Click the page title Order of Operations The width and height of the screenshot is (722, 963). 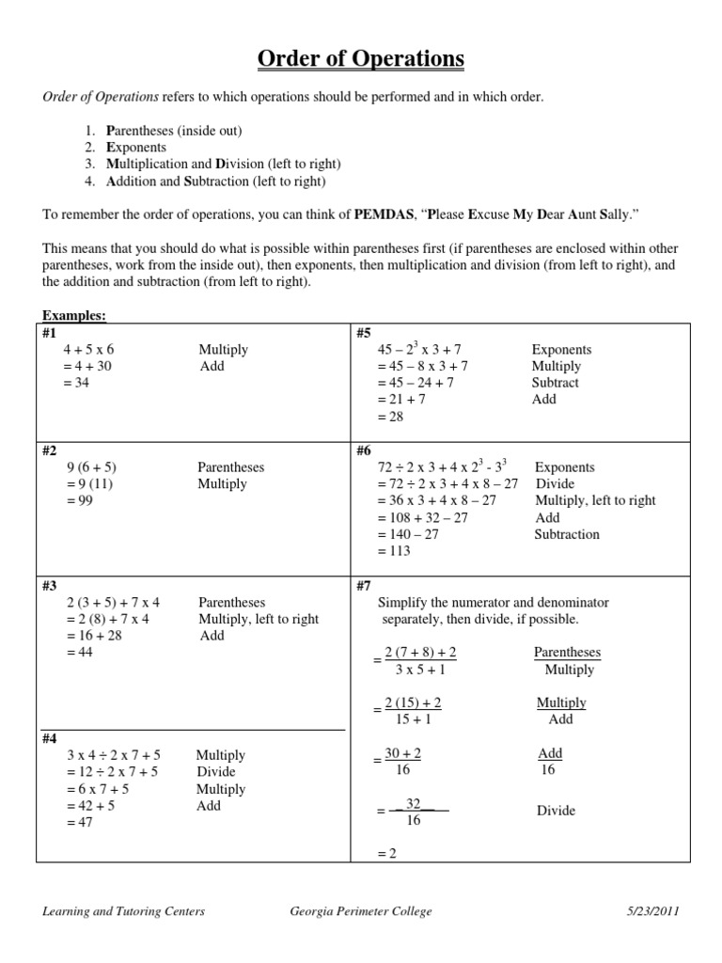pyautogui.click(x=361, y=59)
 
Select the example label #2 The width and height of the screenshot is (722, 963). pyautogui.click(x=51, y=450)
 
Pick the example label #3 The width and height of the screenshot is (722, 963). pyautogui.click(x=51, y=585)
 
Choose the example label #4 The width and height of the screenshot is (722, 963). pyautogui.click(x=51, y=738)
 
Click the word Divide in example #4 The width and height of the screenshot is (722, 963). pyautogui.click(x=215, y=772)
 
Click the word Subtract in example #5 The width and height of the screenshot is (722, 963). pyautogui.click(x=555, y=383)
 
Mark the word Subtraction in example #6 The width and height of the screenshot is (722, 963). pyautogui.click(x=567, y=534)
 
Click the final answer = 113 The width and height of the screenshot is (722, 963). pyautogui.click(x=394, y=551)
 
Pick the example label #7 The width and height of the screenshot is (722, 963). pyautogui.click(x=365, y=585)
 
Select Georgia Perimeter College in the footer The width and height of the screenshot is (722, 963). pyautogui.click(x=362, y=911)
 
